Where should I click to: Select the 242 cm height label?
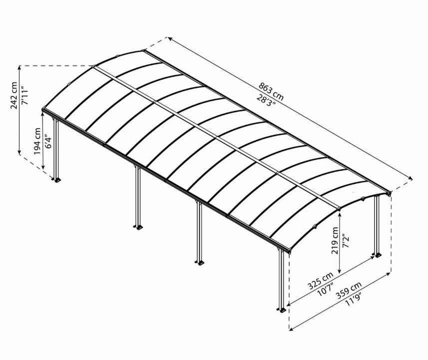click(14, 95)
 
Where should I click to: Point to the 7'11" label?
click(24, 95)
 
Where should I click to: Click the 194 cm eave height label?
click(37, 141)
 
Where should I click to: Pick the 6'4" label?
click(47, 141)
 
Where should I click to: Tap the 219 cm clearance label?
click(335, 240)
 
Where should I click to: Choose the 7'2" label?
click(345, 240)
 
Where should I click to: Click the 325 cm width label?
click(321, 280)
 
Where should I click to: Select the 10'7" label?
click(326, 289)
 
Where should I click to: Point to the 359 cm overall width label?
click(349, 290)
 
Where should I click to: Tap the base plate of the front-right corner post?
click(281, 310)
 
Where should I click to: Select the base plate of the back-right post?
click(378, 255)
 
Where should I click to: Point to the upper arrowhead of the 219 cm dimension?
click(339, 214)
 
